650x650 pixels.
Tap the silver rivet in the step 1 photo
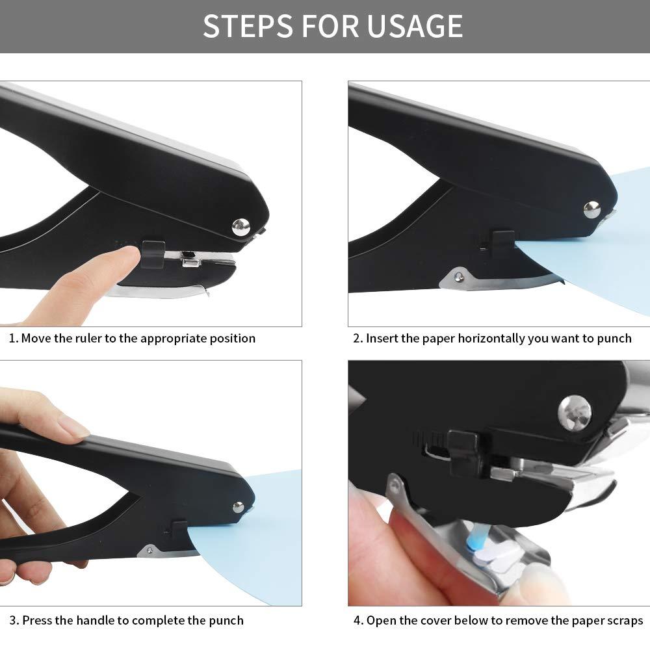tap(240, 226)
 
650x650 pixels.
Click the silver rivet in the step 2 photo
tap(591, 209)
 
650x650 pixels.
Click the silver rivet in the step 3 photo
tap(239, 507)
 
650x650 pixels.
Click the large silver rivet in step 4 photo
tap(575, 412)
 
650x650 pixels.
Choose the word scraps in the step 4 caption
tap(623, 621)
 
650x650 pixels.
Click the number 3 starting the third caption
tap(13, 621)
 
